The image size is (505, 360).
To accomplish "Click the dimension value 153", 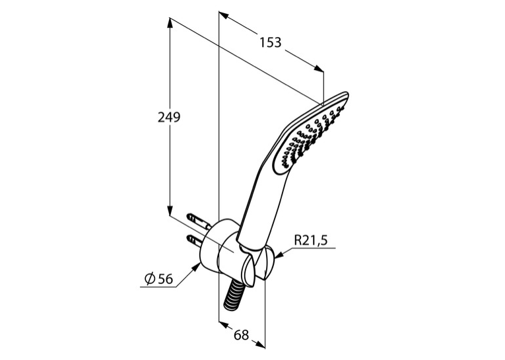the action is [x=271, y=42].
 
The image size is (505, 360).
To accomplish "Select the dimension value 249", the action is [x=169, y=118].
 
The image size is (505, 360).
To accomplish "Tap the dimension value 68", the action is [x=241, y=335].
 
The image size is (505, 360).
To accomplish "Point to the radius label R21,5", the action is [x=311, y=240].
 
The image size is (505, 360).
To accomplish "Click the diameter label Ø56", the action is [x=159, y=279].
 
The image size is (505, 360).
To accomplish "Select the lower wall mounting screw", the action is [x=195, y=240].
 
